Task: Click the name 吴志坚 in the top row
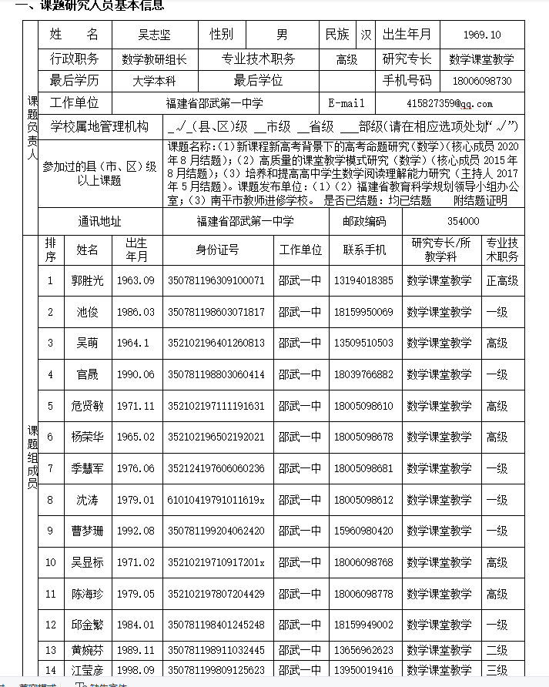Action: [155, 35]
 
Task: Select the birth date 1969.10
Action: [483, 35]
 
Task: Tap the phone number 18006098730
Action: [483, 81]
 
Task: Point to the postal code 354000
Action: [463, 221]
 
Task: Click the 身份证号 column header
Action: [218, 250]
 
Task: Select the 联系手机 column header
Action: [364, 250]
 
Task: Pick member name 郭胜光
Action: [87, 281]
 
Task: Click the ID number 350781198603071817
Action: [216, 312]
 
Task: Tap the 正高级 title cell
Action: [502, 281]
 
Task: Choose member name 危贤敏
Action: [87, 406]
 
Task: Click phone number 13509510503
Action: [363, 343]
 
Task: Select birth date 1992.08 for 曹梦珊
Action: [136, 531]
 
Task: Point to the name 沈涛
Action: [87, 500]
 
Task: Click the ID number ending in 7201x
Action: [216, 562]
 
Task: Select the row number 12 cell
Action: [51, 625]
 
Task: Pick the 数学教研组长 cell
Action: [155, 59]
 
